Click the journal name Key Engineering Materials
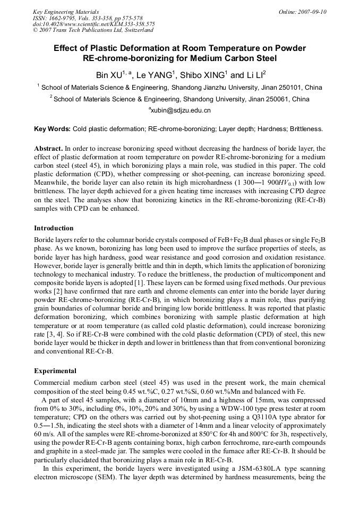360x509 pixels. [x=66, y=12]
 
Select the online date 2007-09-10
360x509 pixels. [x=311, y=12]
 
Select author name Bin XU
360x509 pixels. [x=109, y=75]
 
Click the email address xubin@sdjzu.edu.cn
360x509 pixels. [x=181, y=110]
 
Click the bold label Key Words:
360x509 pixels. [x=52, y=129]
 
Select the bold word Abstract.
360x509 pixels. [x=48, y=149]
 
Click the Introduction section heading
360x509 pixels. [x=54, y=228]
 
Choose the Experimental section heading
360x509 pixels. [x=55, y=371]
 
